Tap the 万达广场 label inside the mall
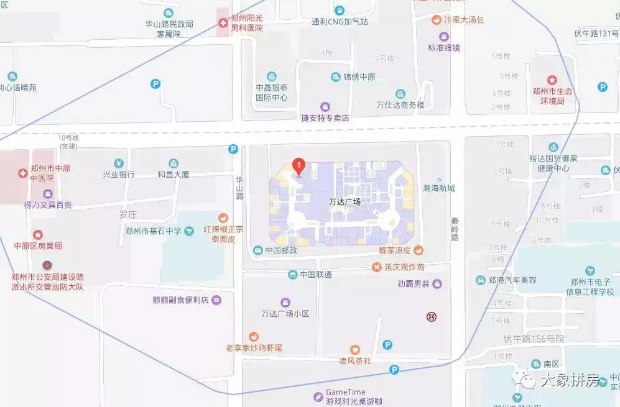click(345, 202)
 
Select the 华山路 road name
click(239, 186)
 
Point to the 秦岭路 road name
click(455, 229)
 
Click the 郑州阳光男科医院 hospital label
click(242, 24)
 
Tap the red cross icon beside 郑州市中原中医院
click(23, 171)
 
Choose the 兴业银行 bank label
click(119, 175)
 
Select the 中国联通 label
click(315, 274)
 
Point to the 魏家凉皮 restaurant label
click(396, 250)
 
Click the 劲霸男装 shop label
click(414, 284)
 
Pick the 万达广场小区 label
click(285, 313)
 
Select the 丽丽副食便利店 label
click(180, 300)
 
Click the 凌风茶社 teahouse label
click(354, 360)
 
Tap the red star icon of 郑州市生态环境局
click(552, 80)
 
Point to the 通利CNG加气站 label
click(340, 21)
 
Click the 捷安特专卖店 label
click(325, 117)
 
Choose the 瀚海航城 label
click(438, 188)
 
